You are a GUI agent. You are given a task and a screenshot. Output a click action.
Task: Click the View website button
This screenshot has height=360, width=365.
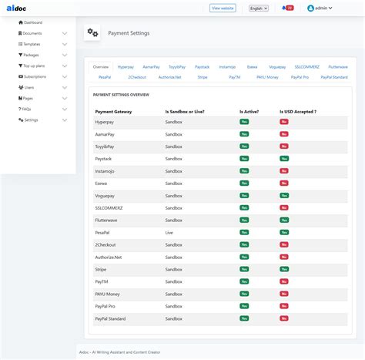click(x=223, y=8)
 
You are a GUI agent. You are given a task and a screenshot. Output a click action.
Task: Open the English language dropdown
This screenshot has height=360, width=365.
click(x=260, y=8)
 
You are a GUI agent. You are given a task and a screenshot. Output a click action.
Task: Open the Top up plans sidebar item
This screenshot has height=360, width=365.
click(x=34, y=66)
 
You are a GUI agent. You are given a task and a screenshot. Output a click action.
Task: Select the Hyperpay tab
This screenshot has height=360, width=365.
click(x=126, y=67)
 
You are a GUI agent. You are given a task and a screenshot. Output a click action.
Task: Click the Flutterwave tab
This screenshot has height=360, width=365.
click(x=336, y=67)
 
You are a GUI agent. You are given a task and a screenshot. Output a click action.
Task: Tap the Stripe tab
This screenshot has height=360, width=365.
click(x=202, y=78)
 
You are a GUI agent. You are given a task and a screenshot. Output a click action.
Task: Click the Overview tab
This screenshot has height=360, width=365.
click(x=101, y=67)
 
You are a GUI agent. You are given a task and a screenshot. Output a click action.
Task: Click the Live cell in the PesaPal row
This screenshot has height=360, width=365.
click(x=169, y=231)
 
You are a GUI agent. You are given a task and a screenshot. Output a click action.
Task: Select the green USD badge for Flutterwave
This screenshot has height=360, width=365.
click(x=284, y=220)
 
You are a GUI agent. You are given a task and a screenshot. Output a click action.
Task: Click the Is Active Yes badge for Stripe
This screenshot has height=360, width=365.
click(x=244, y=269)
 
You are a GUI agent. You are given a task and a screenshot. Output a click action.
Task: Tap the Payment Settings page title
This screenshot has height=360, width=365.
click(x=129, y=33)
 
